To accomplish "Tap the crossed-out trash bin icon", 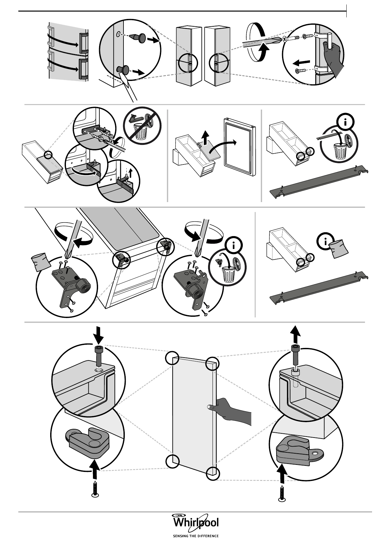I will pos(142,124).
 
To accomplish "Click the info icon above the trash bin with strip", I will pos(345,122).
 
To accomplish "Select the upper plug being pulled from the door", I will pos(137,36).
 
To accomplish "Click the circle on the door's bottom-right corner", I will pos(213,473).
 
